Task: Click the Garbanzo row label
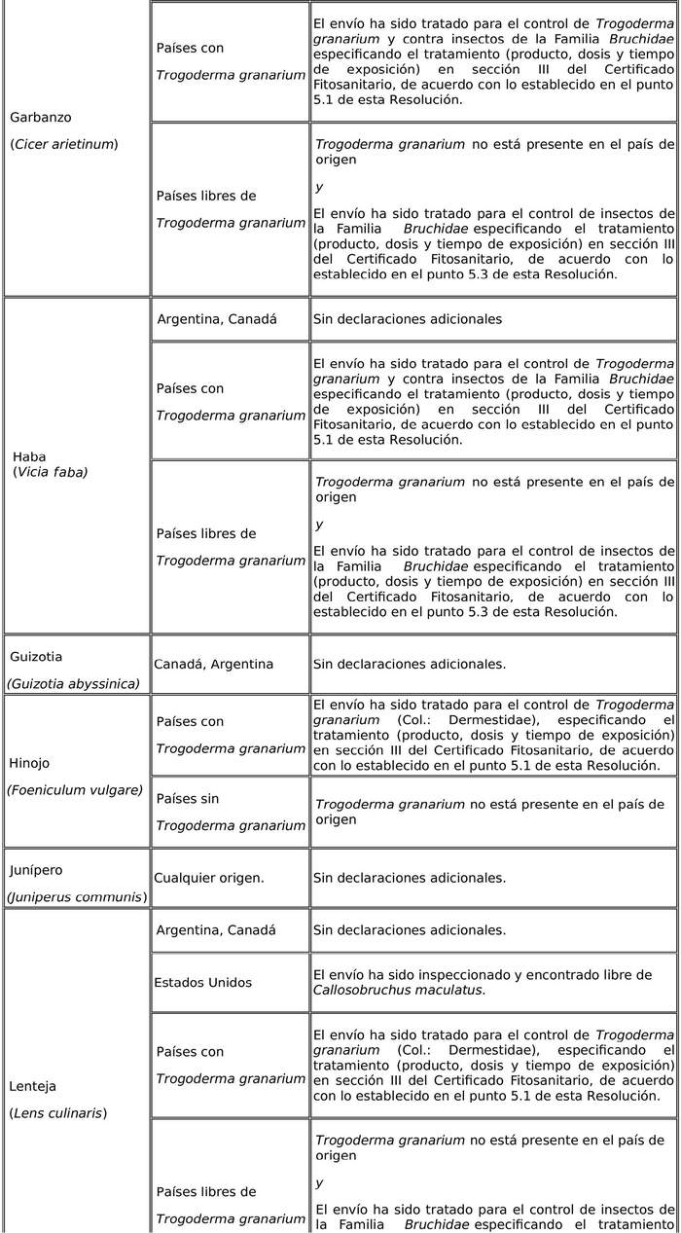[x=40, y=117]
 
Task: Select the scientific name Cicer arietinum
[x=64, y=144]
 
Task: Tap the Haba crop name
[x=29, y=456]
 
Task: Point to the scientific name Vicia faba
[x=51, y=472]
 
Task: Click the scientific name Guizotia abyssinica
[x=73, y=683]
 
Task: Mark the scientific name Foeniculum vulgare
[x=75, y=789]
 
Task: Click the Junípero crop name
[x=36, y=869]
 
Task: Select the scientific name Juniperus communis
[x=77, y=896]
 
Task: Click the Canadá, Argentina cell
[x=213, y=664]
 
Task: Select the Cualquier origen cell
[x=208, y=878]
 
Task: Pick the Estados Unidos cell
[x=202, y=982]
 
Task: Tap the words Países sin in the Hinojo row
[x=188, y=798]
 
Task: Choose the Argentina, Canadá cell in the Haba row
[x=216, y=319]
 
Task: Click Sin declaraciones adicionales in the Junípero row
[x=409, y=878]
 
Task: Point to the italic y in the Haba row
[x=319, y=525]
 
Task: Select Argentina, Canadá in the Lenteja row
[x=216, y=930]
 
